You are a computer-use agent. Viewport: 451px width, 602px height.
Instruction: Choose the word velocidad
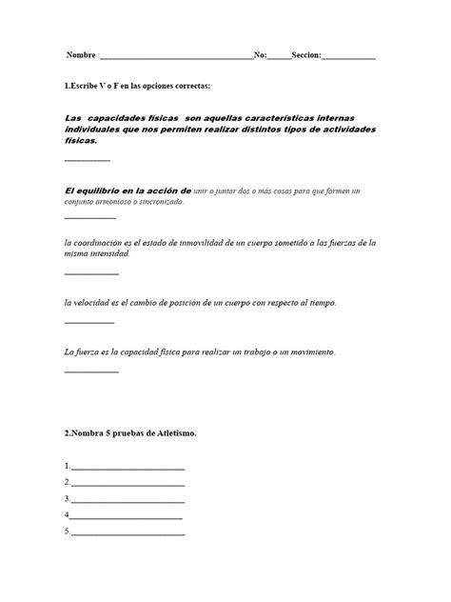point(98,303)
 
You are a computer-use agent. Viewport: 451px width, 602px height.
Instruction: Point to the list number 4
point(67,514)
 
